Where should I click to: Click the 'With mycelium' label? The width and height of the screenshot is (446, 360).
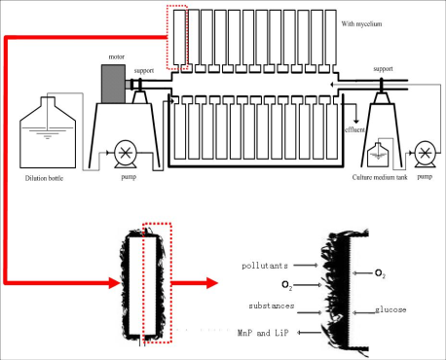(361, 23)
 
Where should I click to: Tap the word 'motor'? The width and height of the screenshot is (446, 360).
(116, 56)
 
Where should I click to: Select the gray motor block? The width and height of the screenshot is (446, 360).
(113, 84)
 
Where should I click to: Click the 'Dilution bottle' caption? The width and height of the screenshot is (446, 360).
(44, 178)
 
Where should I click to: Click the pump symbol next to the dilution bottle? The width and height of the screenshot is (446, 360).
(126, 154)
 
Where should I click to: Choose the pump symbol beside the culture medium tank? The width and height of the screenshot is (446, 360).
(426, 154)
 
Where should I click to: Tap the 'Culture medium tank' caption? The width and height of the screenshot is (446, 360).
(380, 177)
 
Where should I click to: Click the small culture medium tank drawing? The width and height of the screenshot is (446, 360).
(378, 155)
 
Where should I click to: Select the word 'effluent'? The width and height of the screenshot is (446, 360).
(354, 129)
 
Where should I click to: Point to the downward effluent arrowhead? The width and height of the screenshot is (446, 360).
(356, 121)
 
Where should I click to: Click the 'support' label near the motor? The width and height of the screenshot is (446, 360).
(144, 71)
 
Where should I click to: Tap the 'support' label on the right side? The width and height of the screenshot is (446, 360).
(383, 69)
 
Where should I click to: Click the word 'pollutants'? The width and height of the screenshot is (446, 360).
(265, 266)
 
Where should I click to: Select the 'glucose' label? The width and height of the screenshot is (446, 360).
(390, 309)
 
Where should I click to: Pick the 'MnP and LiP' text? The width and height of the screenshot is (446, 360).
(263, 333)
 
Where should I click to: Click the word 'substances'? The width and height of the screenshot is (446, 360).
(272, 306)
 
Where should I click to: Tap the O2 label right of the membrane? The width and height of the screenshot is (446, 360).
(380, 273)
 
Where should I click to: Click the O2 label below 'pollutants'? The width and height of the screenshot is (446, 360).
(287, 286)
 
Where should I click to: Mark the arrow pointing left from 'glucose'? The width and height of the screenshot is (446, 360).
(363, 312)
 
